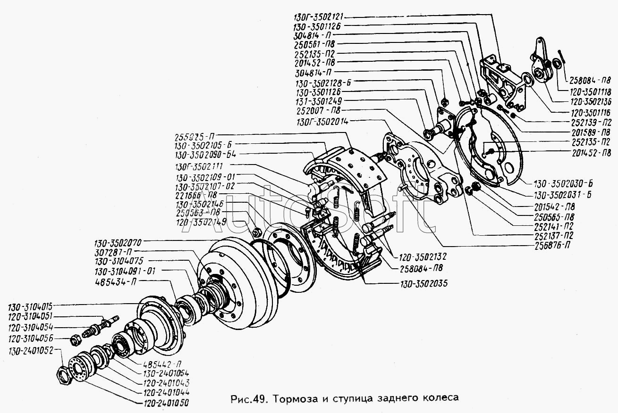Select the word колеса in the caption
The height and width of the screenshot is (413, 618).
(x=441, y=397)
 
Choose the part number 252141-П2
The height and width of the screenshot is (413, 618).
(x=553, y=225)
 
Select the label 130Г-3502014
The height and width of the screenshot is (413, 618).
(x=322, y=121)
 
